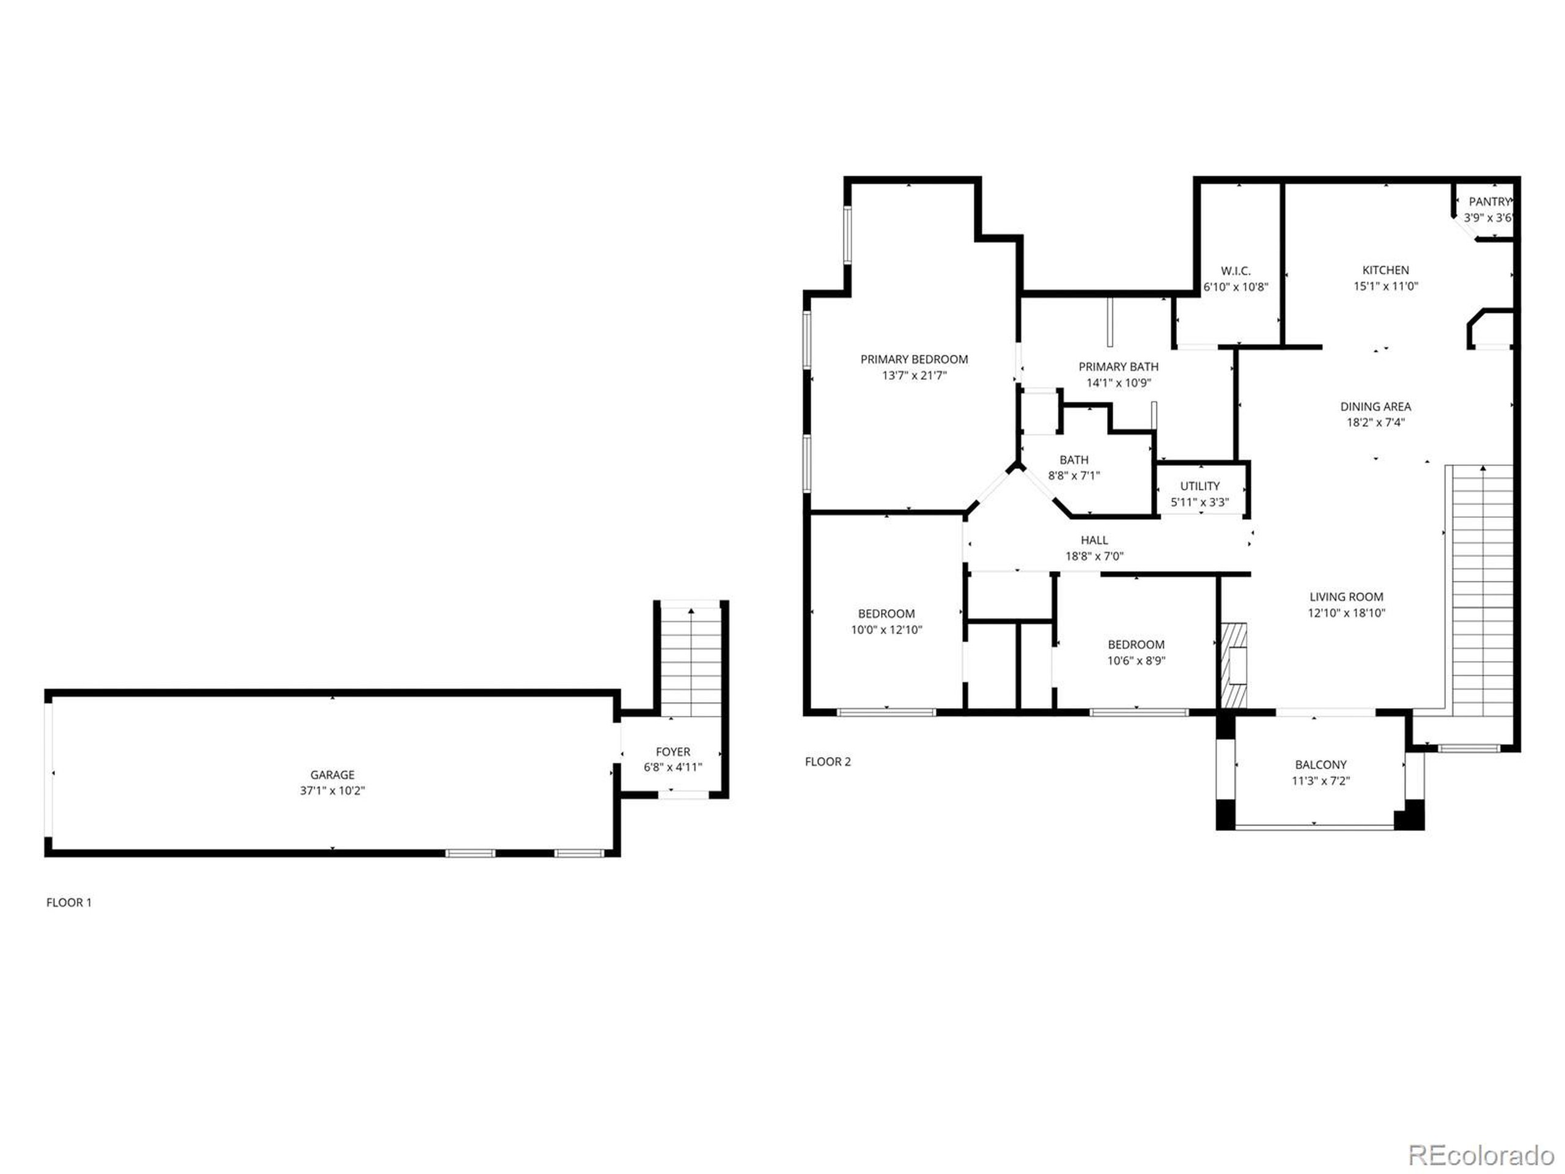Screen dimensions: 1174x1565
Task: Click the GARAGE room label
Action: (332, 775)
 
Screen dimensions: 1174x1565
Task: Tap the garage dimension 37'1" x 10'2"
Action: (332, 791)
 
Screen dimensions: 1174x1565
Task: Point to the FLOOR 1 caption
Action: (68, 903)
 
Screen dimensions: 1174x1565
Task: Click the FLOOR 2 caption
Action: (827, 761)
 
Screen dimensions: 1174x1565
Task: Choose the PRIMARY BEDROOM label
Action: (913, 360)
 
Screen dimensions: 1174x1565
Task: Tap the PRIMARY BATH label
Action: (1118, 366)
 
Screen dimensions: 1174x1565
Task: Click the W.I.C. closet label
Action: (1235, 271)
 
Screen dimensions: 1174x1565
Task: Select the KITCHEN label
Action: (1385, 270)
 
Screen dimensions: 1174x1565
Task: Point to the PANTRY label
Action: (1489, 202)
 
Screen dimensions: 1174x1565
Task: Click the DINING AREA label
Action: (1375, 406)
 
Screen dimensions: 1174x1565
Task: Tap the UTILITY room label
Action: (1199, 486)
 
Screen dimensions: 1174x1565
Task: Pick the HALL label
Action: (1094, 540)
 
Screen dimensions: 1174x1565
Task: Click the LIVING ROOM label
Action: (1346, 597)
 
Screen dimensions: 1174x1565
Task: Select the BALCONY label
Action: (1320, 764)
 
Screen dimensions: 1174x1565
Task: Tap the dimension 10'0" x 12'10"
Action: (886, 630)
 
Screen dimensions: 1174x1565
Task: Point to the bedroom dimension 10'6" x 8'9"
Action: (1136, 661)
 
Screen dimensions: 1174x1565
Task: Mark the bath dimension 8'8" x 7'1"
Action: (1073, 476)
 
